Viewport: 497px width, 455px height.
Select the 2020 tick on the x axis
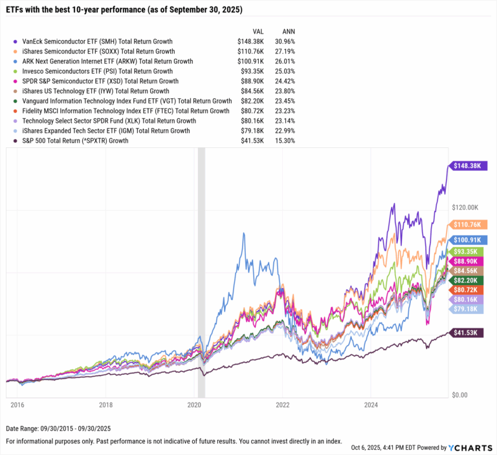(194, 406)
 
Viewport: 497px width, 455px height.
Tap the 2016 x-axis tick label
(17, 406)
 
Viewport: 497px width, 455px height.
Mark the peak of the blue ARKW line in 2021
(243, 233)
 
